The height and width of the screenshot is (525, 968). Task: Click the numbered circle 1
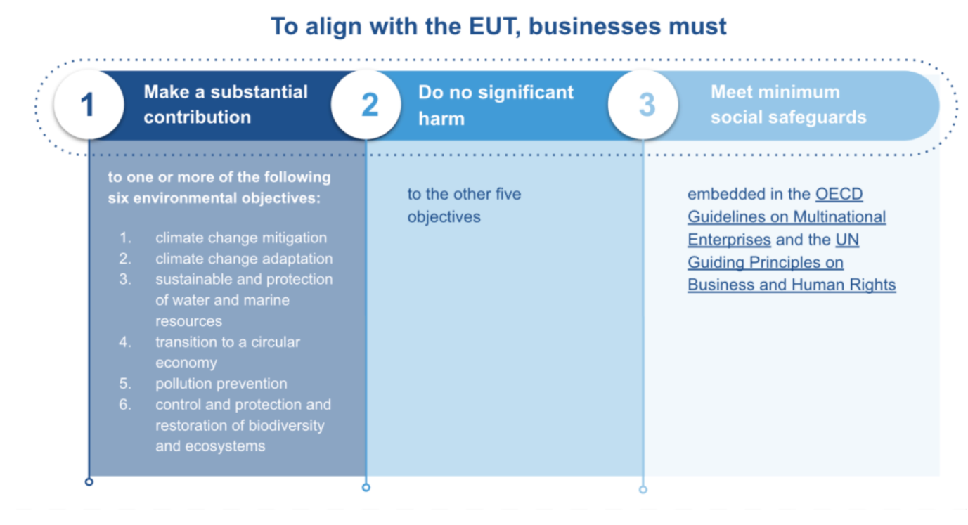pos(88,105)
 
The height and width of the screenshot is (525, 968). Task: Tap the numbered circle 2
pos(367,105)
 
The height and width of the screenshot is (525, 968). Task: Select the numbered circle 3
pos(644,105)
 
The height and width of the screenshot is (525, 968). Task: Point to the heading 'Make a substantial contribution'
pos(226,104)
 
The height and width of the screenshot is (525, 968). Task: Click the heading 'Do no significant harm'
pos(496,105)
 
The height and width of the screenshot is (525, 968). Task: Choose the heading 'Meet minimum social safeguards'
pos(788,104)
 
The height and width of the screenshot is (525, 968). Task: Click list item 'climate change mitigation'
pos(241,238)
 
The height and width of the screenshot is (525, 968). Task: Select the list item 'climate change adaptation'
pos(244,259)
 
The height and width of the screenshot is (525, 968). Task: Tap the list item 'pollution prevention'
pos(221,384)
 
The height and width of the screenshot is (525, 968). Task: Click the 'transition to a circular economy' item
pos(227,352)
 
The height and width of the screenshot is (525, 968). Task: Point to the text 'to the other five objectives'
pos(464,205)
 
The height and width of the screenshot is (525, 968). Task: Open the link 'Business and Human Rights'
pos(792,285)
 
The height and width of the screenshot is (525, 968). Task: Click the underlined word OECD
pos(839,194)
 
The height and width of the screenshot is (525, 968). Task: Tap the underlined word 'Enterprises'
pos(729,240)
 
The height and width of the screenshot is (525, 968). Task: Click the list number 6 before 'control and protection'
pos(124,405)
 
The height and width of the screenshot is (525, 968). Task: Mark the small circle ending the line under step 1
pos(89,481)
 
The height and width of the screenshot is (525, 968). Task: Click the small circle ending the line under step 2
pos(366,487)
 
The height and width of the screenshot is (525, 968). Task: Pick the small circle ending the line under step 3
pos(643,489)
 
